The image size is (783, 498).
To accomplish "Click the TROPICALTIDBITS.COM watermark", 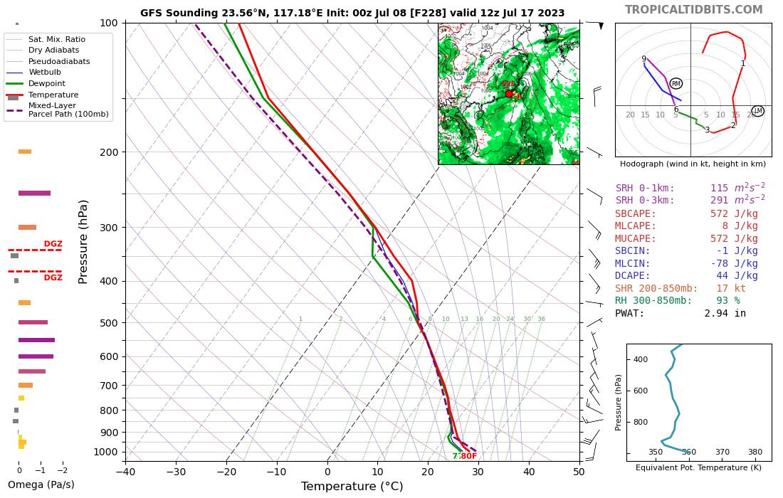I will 693,10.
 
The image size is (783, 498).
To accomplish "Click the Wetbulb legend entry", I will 43,72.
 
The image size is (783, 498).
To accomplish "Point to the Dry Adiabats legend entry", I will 53,50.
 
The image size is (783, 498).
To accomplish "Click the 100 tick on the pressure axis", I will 108,23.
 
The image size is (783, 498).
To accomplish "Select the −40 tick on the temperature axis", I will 125,471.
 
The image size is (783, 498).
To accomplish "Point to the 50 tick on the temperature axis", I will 579,471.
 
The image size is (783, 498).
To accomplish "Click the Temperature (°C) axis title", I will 352,487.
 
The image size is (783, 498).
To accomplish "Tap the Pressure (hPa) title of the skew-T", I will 83,241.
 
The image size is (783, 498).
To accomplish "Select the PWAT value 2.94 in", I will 725,313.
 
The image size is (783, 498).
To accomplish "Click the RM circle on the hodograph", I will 676,84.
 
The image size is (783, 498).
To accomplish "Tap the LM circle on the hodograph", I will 757,111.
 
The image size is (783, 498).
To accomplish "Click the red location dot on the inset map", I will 509,93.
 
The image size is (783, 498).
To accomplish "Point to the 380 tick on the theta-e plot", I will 755,452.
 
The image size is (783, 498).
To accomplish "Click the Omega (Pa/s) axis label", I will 41,484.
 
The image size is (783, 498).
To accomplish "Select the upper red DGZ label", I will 53,244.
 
